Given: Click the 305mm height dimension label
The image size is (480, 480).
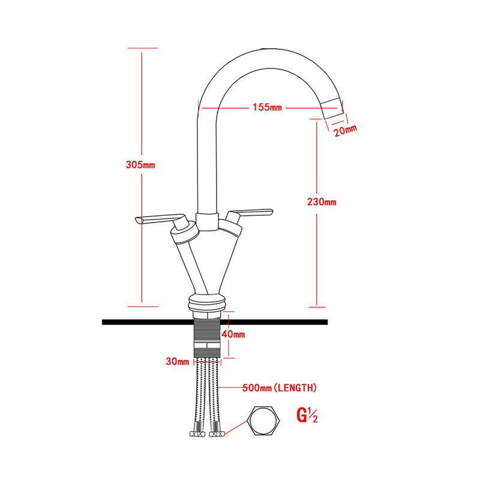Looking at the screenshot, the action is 140,164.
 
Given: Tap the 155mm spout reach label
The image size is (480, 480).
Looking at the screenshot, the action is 267,107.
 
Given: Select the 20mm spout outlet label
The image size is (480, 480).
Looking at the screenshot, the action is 346,130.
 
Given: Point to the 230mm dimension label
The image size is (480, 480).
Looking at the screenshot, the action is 322,202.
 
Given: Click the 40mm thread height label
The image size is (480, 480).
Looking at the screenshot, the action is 233,334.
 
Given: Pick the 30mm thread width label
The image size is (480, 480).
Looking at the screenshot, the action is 177,361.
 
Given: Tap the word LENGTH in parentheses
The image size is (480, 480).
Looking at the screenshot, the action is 295,388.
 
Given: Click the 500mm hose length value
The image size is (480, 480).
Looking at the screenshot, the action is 257,388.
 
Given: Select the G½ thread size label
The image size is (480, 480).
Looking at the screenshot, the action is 307,415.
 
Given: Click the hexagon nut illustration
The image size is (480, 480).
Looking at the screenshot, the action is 263,421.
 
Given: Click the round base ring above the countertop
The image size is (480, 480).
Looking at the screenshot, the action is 207,303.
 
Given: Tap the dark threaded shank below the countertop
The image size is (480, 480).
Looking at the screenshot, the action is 207,337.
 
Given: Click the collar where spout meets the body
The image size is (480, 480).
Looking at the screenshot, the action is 207,221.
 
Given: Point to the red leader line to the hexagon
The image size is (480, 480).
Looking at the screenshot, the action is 236,427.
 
